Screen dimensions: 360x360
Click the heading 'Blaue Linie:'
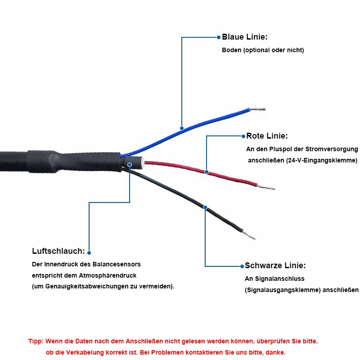[x=245, y=37]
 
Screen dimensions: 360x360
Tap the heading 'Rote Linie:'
[x=267, y=136]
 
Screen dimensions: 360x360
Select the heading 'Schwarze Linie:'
[x=275, y=265]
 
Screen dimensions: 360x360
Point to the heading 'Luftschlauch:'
[x=58, y=251]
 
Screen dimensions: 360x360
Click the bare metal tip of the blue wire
[x=258, y=109]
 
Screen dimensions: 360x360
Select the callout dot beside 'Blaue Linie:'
[x=219, y=37]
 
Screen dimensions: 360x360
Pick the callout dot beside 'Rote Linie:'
[x=243, y=136]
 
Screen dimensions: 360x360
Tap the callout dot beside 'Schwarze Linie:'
[x=242, y=265]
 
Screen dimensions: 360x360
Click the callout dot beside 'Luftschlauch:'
[x=89, y=252]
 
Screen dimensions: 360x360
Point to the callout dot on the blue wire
[x=182, y=128]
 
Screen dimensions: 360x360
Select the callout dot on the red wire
[x=207, y=171]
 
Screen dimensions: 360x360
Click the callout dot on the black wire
[x=205, y=207]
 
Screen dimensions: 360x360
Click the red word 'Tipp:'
[x=36, y=342]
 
